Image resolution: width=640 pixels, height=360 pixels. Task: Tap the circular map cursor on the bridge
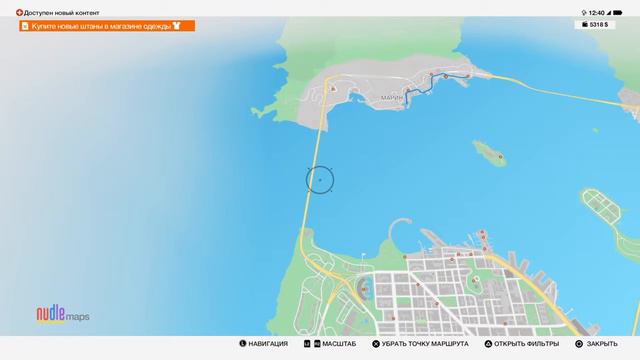point(319,180)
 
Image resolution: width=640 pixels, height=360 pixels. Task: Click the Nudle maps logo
point(63,315)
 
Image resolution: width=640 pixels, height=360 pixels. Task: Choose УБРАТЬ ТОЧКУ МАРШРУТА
point(420,344)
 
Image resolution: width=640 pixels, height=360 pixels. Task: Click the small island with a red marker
point(489,153)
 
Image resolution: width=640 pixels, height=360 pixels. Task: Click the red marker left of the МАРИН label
point(332,88)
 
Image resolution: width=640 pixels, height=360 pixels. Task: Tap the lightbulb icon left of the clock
point(582,12)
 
